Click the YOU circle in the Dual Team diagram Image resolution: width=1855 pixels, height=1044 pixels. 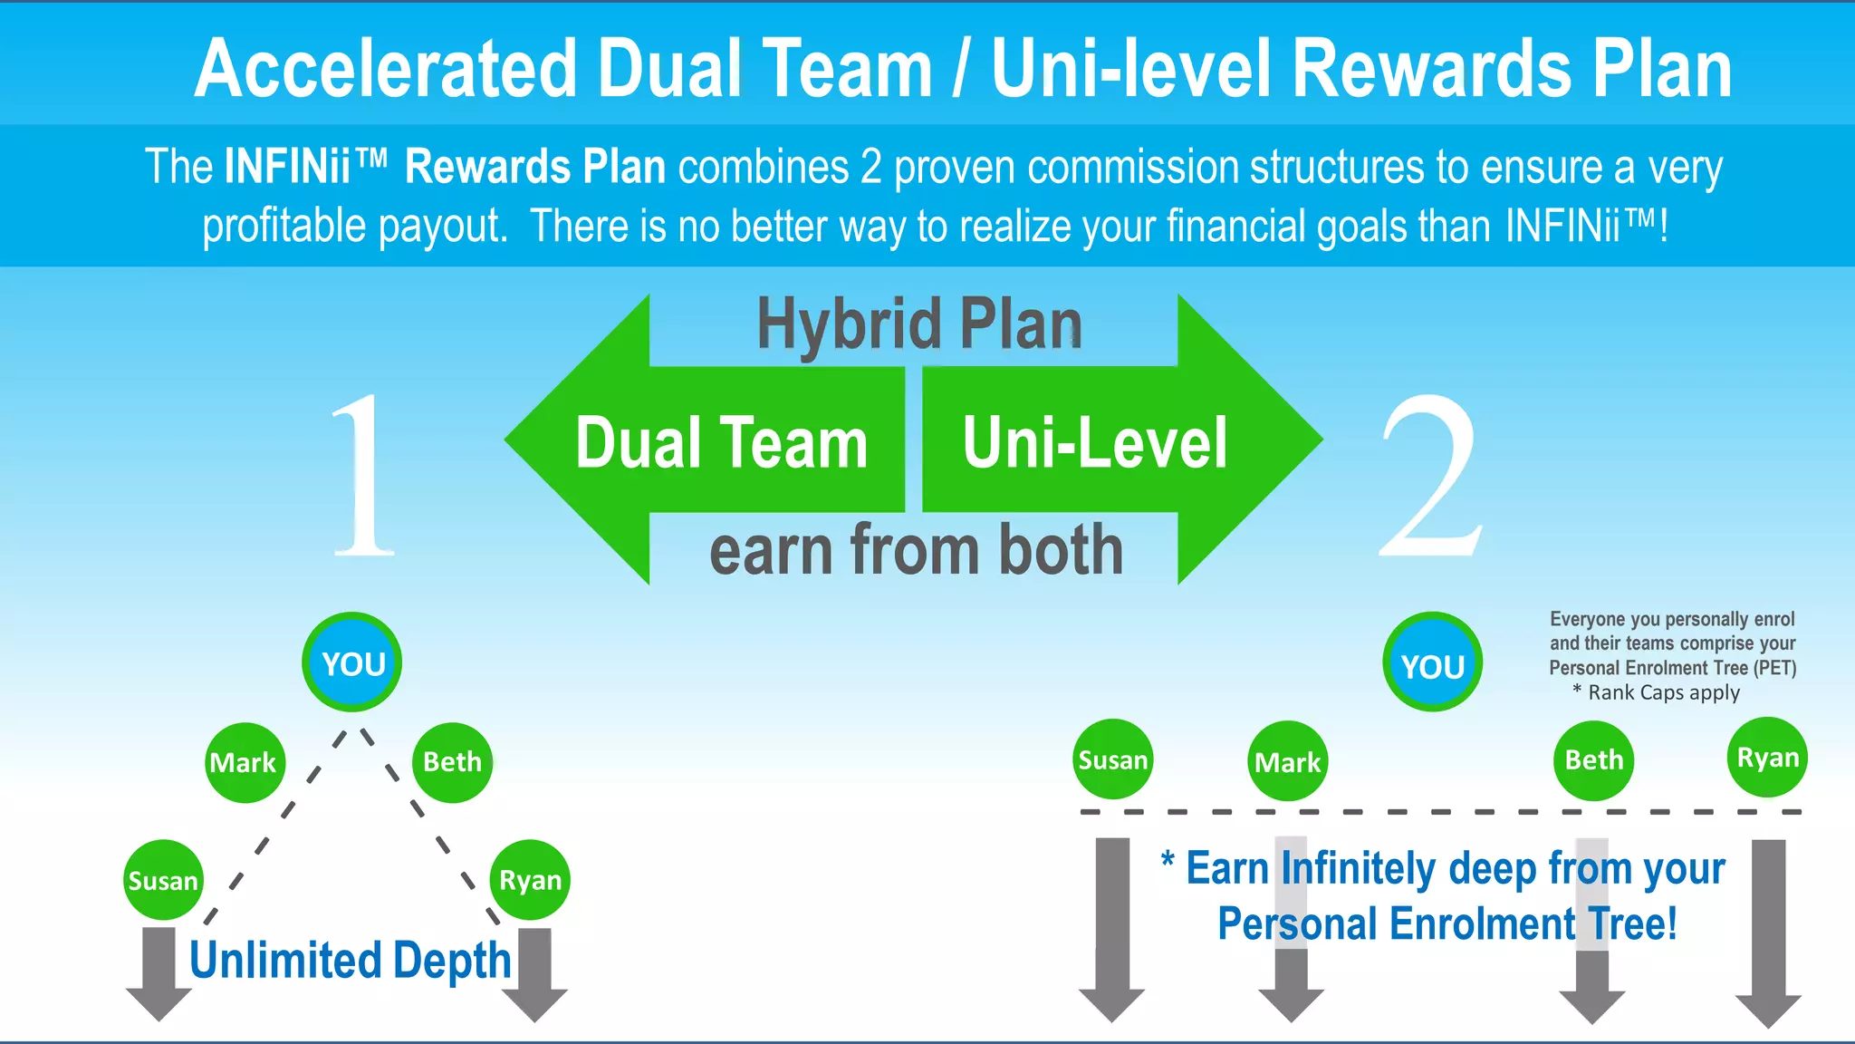tap(352, 662)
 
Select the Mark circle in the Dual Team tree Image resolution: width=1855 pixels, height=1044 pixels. tap(245, 762)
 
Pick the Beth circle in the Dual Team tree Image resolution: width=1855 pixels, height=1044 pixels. tap(452, 761)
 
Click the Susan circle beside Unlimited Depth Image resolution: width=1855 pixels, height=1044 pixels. tap(163, 880)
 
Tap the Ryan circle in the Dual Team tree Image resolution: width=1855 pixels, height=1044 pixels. tap(530, 879)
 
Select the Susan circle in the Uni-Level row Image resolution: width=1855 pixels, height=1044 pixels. tap(1112, 759)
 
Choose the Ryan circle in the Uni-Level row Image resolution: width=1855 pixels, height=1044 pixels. tap(1767, 757)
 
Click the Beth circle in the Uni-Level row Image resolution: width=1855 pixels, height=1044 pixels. tap(1593, 759)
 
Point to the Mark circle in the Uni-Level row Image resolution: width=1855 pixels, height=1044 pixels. tap(1287, 761)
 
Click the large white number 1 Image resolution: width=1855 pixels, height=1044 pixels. tap(362, 476)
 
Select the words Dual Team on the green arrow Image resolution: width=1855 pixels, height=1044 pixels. tap(722, 443)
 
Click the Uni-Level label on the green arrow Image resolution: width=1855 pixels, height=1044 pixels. tap(1095, 443)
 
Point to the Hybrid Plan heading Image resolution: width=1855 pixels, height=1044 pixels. tap(919, 324)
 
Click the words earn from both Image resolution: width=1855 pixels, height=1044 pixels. tap(916, 550)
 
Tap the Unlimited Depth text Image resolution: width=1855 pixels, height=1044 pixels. tap(350, 961)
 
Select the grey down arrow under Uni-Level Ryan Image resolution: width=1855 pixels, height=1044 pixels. tap(1768, 933)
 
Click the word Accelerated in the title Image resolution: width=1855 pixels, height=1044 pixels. tap(385, 69)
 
